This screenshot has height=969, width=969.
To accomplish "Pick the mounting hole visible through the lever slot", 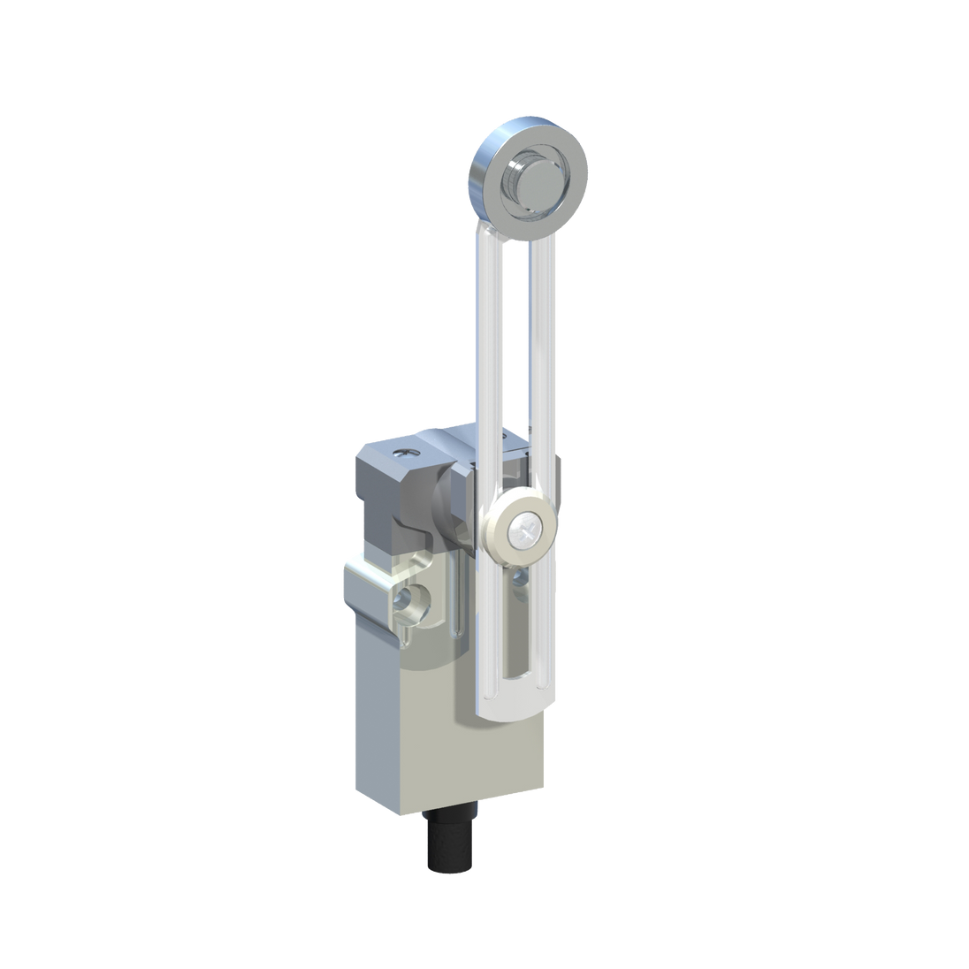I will pos(518,580).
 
